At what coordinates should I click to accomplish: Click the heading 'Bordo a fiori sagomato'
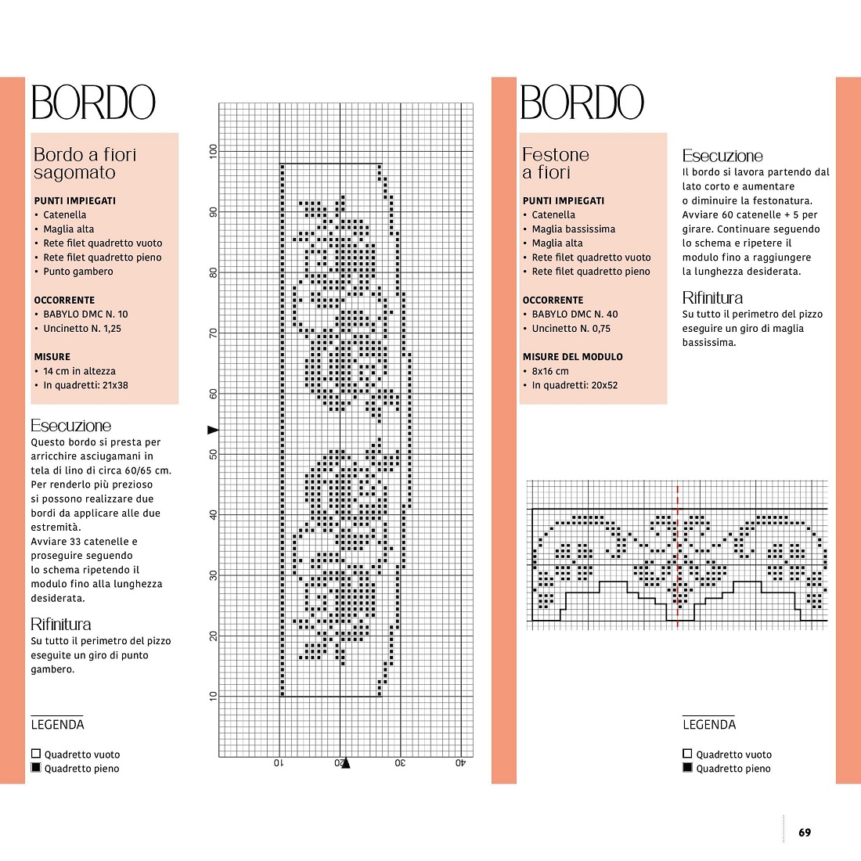(x=85, y=163)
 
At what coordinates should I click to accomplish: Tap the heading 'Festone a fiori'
(x=555, y=163)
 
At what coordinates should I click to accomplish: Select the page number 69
(x=805, y=833)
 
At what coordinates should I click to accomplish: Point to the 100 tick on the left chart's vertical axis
(x=213, y=151)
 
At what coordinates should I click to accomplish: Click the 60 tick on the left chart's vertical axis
(x=213, y=394)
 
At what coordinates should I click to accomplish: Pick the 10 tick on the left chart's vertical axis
(x=213, y=697)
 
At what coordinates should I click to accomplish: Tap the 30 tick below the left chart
(x=400, y=762)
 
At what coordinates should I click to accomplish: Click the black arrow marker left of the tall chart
(x=213, y=430)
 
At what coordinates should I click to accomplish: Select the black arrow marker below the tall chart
(x=345, y=762)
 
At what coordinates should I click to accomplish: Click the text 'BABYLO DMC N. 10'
(x=85, y=314)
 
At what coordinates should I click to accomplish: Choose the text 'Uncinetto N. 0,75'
(x=571, y=329)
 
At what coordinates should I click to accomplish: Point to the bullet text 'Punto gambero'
(x=78, y=272)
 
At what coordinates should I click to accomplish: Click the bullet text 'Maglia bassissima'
(x=573, y=229)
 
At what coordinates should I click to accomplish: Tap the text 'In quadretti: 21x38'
(x=85, y=385)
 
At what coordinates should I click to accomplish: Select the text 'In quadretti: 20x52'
(x=575, y=385)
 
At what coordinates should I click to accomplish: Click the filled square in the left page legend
(x=36, y=768)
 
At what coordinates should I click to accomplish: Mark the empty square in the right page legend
(x=687, y=753)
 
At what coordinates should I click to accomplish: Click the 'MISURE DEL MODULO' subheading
(x=573, y=357)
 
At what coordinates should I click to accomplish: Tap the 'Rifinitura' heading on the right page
(x=712, y=297)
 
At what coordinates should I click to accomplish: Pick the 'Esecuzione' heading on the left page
(x=70, y=426)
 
